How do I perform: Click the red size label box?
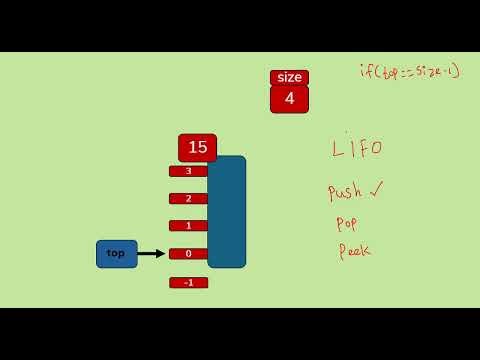coord(289,78)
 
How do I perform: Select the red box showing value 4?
coord(289,99)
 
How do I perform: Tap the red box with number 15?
coord(197,148)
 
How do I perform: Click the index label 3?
coord(188,171)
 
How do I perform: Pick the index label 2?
coord(188,198)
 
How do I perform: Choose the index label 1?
coord(188,226)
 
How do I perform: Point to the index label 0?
coord(188,254)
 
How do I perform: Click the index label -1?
coord(188,283)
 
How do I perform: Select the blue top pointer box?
coord(116,254)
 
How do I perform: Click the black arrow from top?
coord(150,254)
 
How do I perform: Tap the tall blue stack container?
coord(227,211)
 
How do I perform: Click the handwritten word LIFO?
coord(357,148)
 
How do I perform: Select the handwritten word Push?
coord(345,191)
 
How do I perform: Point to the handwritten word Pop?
coord(347,223)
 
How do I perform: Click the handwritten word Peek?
coord(354,251)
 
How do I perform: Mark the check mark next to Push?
coord(376,187)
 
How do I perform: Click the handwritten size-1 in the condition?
coord(437,71)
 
